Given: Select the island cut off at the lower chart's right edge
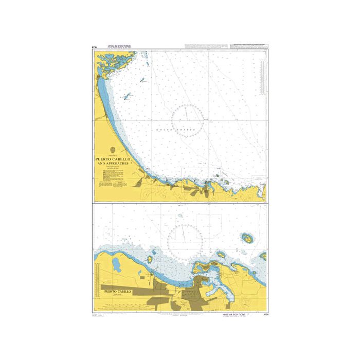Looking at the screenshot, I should coord(264,256).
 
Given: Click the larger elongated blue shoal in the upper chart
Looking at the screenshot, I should coord(127,96).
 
